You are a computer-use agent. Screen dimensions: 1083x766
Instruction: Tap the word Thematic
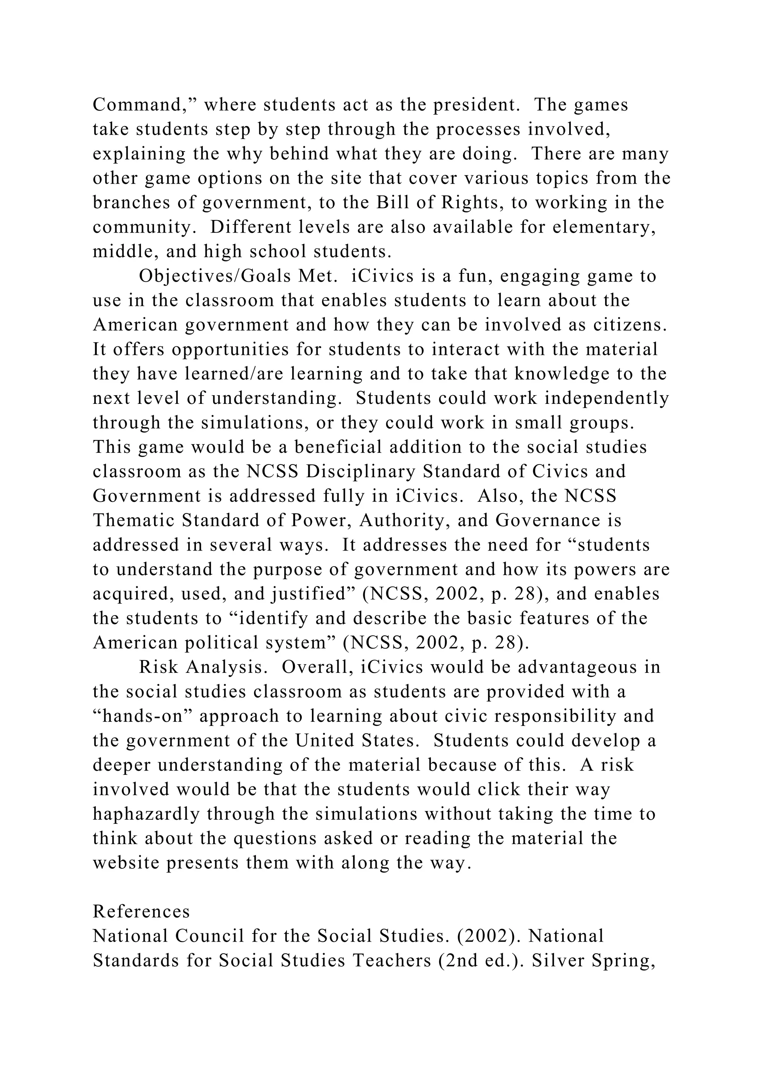134,521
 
